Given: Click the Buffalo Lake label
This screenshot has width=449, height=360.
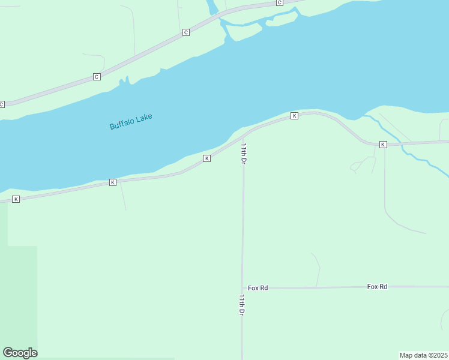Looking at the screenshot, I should point(131,121).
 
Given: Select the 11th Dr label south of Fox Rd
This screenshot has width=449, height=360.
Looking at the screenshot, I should point(242,305).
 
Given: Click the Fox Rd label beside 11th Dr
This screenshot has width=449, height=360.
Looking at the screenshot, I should point(258,288).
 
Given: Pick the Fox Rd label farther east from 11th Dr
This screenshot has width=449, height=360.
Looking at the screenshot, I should point(377,287).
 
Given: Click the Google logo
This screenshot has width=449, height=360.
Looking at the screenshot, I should point(20,353).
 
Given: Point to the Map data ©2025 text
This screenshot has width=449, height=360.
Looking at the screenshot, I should point(424,355).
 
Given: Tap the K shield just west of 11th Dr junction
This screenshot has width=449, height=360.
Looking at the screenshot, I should point(206,158).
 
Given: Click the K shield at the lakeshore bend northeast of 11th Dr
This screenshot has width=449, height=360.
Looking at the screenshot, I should point(294,115).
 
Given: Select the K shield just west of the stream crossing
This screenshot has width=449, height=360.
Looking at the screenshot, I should point(382,145).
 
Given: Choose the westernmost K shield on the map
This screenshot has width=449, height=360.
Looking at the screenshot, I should point(16,199).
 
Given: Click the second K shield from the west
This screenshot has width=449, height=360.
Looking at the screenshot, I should point(112,182).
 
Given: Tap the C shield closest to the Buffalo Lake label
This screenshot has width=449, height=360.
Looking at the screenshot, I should point(97,77).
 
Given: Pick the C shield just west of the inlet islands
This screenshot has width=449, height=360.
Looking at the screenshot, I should point(186,32).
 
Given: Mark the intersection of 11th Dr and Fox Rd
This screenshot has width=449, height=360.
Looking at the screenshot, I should point(243,288).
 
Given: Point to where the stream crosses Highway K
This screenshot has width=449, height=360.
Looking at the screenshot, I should point(399,143).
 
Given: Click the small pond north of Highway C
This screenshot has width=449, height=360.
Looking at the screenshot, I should point(212,7).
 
